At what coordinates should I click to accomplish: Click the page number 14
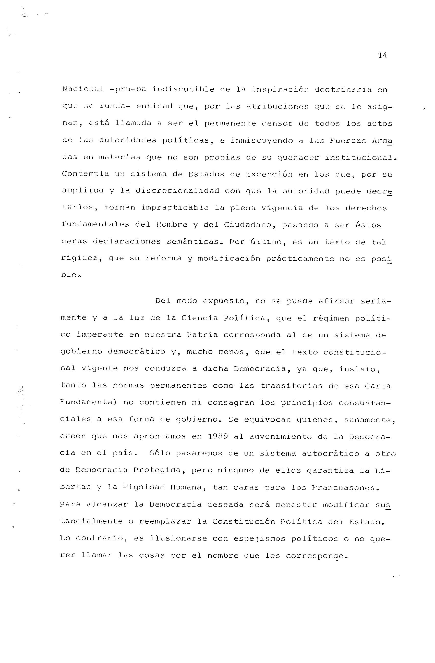point(382,55)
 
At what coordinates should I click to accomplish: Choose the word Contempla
point(85,174)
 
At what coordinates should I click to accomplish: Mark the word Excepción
point(269,174)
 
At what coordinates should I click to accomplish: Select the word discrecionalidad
point(177,191)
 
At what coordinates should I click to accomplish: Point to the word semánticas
point(193,241)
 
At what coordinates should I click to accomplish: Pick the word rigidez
point(80,259)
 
